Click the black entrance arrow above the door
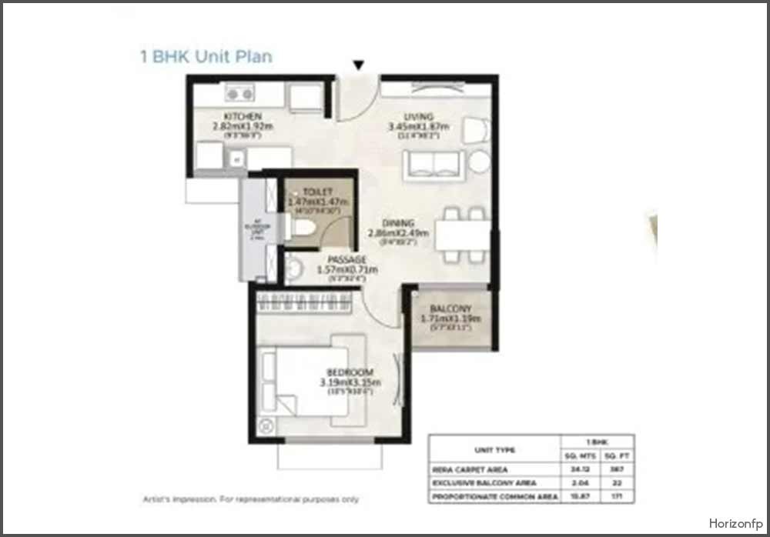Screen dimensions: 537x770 (358, 65)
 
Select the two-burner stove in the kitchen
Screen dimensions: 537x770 (239, 94)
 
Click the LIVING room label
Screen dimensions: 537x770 (419, 117)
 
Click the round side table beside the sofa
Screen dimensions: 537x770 (480, 162)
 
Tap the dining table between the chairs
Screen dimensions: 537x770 (462, 234)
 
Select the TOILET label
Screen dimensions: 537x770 (317, 192)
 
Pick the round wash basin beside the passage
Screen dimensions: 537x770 (293, 268)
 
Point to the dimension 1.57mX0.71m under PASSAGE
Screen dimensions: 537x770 (347, 270)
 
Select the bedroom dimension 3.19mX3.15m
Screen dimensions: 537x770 (350, 382)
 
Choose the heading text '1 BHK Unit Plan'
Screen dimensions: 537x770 (206, 56)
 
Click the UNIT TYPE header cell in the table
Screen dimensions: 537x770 (494, 450)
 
